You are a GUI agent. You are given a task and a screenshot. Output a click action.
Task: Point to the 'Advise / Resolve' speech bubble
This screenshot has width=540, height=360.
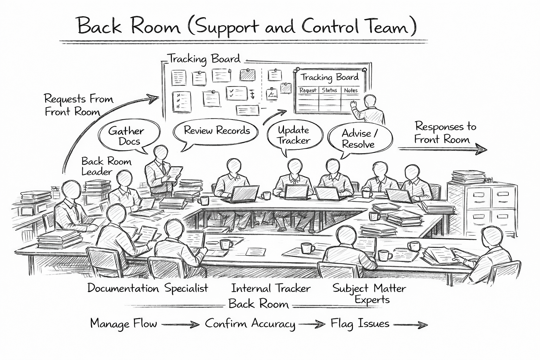(359, 139)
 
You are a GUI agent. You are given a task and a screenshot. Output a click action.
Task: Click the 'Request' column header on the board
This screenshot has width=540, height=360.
(308, 90)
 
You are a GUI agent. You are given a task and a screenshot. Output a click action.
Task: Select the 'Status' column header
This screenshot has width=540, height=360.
(329, 90)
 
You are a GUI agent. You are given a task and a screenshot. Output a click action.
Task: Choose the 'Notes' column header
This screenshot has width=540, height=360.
(351, 90)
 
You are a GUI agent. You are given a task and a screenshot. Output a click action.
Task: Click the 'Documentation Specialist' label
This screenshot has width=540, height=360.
(148, 289)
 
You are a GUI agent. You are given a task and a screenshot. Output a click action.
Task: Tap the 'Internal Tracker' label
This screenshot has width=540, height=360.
(271, 289)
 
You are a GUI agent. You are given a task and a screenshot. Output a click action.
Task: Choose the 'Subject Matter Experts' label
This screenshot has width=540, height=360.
(369, 294)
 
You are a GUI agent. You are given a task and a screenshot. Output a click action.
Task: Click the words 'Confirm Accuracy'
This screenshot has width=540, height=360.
(250, 324)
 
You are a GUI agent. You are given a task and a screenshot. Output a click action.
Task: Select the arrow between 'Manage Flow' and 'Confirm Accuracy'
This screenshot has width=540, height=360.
(180, 324)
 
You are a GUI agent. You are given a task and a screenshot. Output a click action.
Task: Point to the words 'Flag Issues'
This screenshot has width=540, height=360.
(360, 324)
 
